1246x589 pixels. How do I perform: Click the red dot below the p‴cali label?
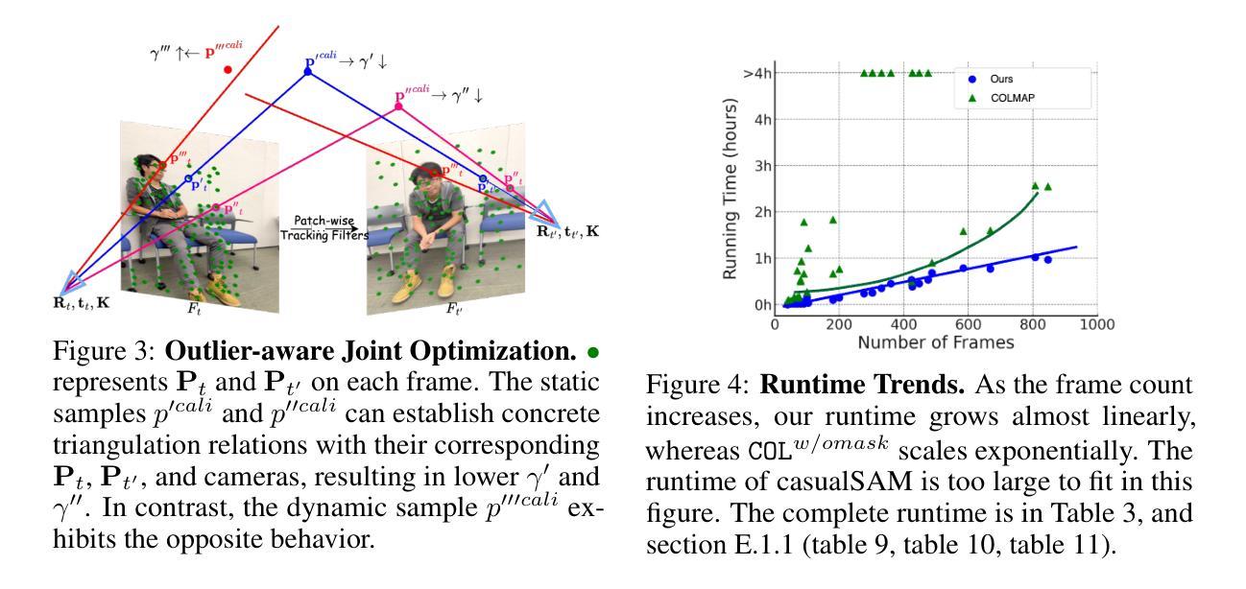(x=228, y=70)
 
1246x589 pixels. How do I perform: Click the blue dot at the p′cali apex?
(x=308, y=71)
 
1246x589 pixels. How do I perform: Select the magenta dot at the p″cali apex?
(x=398, y=106)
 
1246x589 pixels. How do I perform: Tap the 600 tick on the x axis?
(x=968, y=324)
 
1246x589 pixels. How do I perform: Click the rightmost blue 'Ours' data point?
(x=1047, y=260)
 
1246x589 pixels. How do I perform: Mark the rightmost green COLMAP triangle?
(x=1047, y=186)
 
